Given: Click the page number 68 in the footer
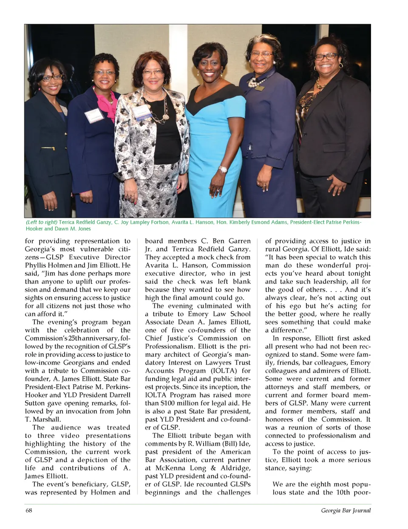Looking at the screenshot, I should pos(29,510).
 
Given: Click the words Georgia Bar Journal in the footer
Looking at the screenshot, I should pos(346,510).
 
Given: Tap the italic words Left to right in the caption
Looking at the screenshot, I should pos(42,222).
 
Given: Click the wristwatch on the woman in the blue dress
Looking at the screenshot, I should pos(223,170).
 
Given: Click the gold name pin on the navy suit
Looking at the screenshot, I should pos(260,88).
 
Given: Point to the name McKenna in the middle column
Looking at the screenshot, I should pos(170,468).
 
